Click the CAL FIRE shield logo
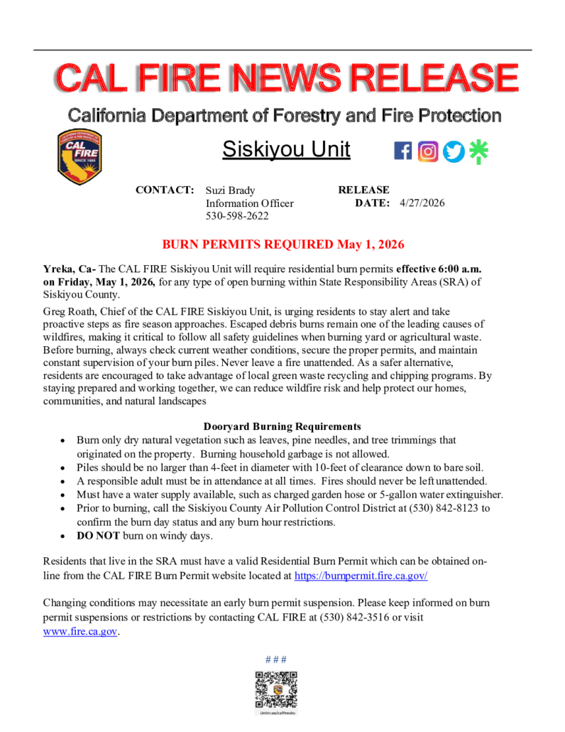79,157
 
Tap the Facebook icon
402,151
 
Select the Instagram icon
428,151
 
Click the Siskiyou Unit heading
286,150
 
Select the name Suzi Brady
230,190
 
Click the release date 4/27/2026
422,203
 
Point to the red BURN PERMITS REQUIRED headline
283,244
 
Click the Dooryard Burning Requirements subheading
282,426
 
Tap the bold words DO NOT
99,535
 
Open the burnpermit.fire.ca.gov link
361,576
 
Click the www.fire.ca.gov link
79,631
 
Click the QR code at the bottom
276,690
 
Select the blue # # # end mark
276,659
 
